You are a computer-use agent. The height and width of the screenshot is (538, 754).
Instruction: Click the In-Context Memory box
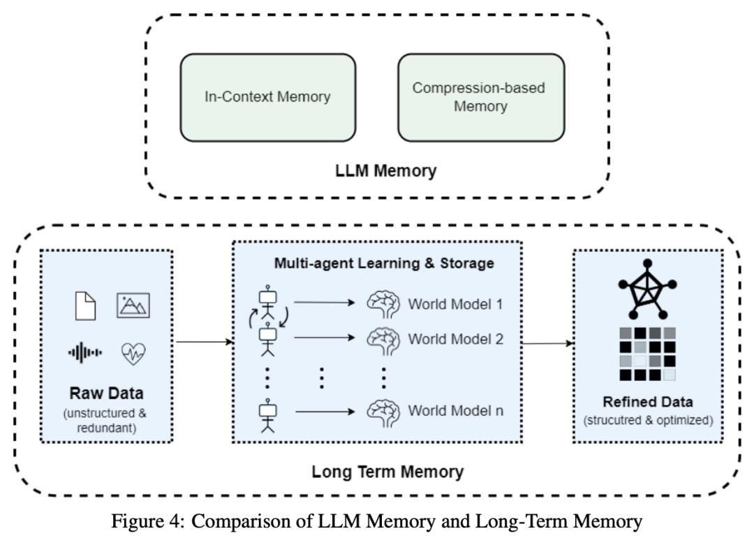267,97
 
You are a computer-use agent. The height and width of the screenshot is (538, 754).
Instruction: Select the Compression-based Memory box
480,97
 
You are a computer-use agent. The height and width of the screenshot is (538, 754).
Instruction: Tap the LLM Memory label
377,170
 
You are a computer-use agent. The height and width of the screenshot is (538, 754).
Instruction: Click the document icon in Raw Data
84,306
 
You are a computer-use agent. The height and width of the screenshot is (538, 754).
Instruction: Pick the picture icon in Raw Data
133,306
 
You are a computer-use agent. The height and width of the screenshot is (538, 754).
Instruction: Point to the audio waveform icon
85,353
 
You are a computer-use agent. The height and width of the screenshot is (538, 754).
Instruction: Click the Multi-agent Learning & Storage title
384,263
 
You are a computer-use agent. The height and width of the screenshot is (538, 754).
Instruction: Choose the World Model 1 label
455,304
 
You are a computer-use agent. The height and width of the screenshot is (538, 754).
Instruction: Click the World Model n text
455,410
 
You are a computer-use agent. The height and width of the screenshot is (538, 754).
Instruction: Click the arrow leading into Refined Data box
548,343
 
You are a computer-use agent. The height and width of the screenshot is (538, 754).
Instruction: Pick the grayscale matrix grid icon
648,353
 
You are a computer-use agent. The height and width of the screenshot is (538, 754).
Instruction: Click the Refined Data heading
648,403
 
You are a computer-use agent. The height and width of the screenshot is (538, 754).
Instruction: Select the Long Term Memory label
387,472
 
